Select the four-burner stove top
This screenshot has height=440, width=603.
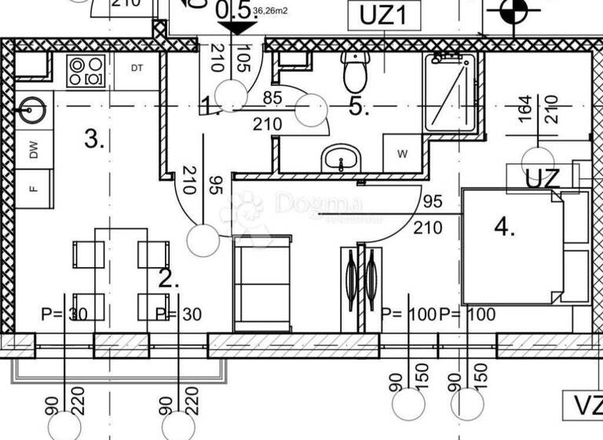tap(86, 71)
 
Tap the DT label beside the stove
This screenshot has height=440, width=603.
tap(137, 68)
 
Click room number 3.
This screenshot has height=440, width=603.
tap(94, 141)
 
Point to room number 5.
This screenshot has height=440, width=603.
tap(359, 108)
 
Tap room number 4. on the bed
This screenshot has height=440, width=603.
tap(505, 228)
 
